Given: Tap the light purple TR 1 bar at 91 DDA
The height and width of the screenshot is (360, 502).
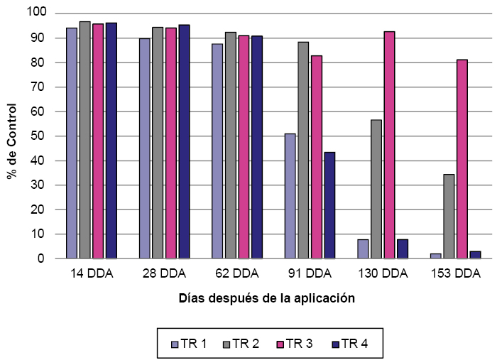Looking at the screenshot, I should point(290,196).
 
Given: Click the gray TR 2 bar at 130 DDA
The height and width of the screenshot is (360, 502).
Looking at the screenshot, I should point(376,189).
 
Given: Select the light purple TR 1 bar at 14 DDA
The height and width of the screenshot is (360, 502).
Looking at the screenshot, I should point(72,143).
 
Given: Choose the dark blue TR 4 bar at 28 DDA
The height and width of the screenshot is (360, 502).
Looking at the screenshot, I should point(184,141).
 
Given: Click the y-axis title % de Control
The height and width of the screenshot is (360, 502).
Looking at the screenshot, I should point(12,136).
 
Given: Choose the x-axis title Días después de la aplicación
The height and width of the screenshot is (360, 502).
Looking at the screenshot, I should point(267,299).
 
